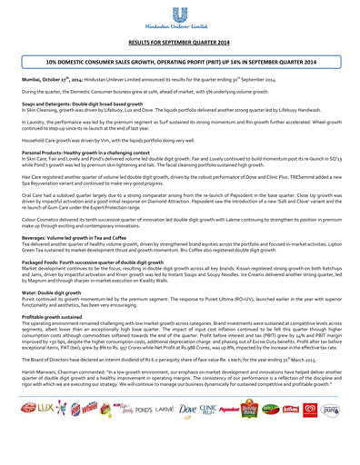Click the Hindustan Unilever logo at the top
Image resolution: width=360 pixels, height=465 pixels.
180,19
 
